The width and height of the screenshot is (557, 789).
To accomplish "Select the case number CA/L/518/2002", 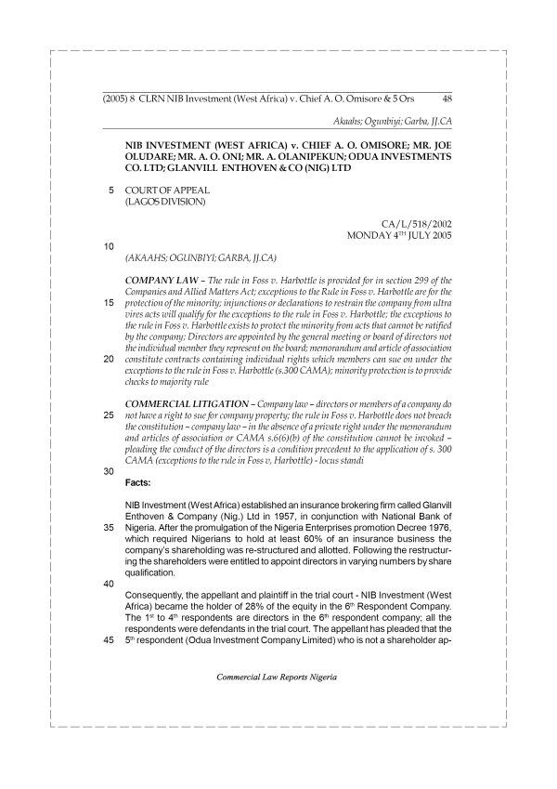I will click(x=416, y=224).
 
